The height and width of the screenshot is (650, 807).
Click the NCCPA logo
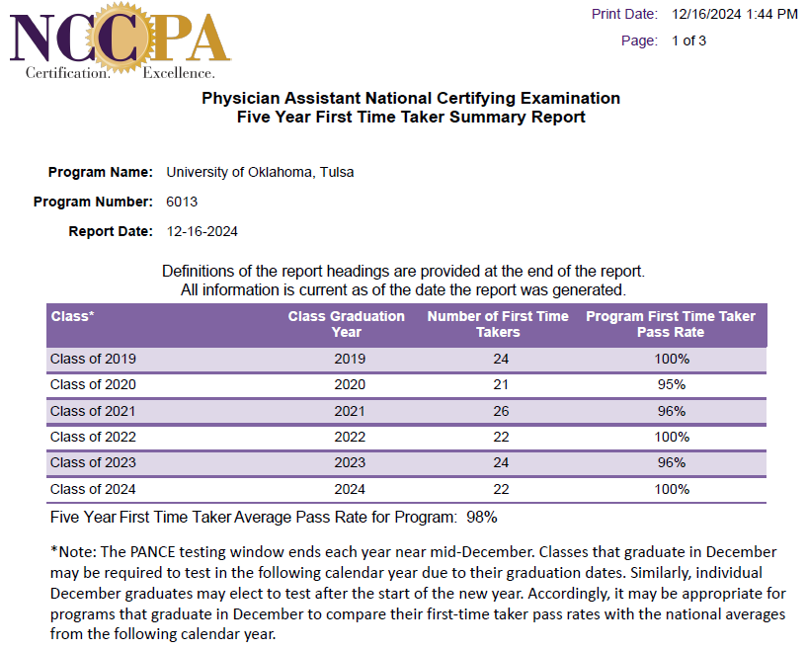120,41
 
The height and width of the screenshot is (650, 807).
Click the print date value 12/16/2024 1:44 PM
735,15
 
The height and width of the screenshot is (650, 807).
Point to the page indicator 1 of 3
688,41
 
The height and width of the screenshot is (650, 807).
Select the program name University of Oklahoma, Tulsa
260,172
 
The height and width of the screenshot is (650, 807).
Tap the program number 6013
182,202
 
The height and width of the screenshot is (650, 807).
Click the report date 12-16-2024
202,231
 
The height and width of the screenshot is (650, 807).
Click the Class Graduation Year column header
347,324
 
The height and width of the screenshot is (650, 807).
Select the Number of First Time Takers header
498,324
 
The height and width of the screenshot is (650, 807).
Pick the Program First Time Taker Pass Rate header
671,324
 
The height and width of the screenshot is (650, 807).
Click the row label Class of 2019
93,359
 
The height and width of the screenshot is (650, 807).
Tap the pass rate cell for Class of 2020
672,384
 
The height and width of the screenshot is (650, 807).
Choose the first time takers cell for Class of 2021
501,411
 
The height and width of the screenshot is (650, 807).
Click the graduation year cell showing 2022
350,437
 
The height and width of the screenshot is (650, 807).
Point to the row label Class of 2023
93,462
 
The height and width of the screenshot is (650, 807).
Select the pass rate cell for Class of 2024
672,489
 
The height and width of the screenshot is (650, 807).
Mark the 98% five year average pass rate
482,518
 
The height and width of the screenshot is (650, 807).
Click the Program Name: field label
101,172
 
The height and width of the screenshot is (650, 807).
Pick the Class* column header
72,316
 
